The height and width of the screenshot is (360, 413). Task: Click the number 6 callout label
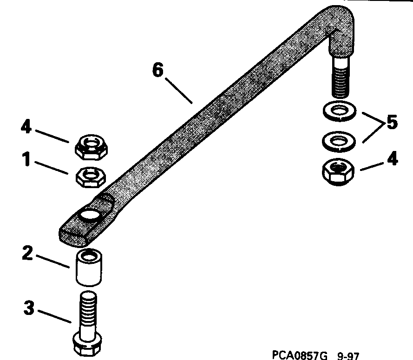click(x=158, y=72)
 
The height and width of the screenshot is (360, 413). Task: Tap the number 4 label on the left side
click(x=26, y=127)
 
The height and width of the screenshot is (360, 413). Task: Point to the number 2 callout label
click(x=27, y=253)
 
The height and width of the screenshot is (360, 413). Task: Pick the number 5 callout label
click(x=392, y=124)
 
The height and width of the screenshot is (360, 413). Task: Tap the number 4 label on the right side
click(x=393, y=159)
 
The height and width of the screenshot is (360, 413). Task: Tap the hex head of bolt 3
click(x=89, y=344)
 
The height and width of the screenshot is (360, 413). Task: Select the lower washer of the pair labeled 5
click(x=339, y=141)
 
